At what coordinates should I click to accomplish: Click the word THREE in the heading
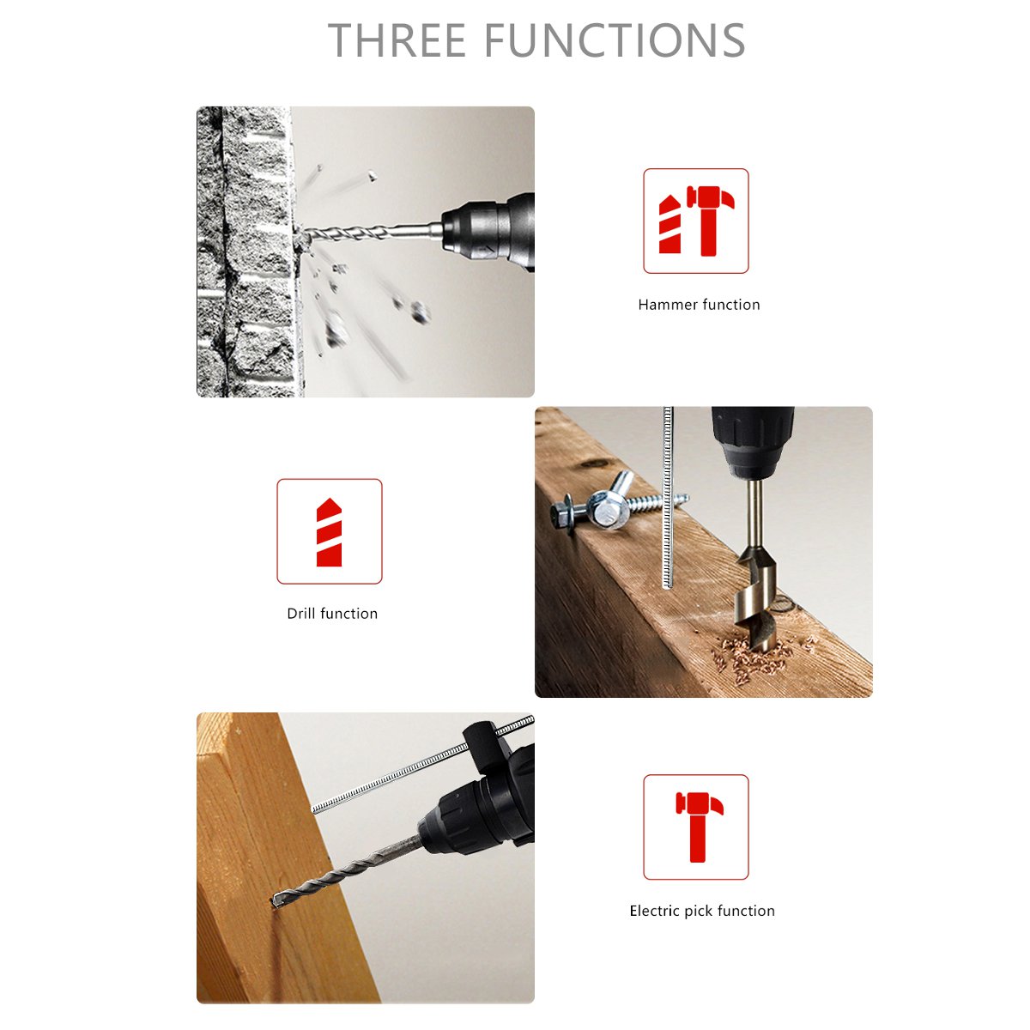click(397, 40)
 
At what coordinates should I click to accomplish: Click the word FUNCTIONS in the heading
click(615, 40)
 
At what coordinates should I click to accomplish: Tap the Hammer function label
click(699, 305)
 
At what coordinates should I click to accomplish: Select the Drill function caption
click(332, 614)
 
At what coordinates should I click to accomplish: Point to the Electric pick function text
click(702, 911)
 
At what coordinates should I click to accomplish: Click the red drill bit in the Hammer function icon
click(670, 224)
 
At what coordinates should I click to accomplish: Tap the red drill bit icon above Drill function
click(330, 532)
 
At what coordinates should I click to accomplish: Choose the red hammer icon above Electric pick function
click(700, 827)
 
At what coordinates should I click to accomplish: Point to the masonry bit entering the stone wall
click(369, 233)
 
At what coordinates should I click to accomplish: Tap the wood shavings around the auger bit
click(754, 658)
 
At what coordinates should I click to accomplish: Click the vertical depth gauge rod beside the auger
click(667, 498)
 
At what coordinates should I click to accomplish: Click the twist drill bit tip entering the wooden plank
click(276, 902)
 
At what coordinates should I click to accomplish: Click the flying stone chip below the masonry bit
click(420, 312)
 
